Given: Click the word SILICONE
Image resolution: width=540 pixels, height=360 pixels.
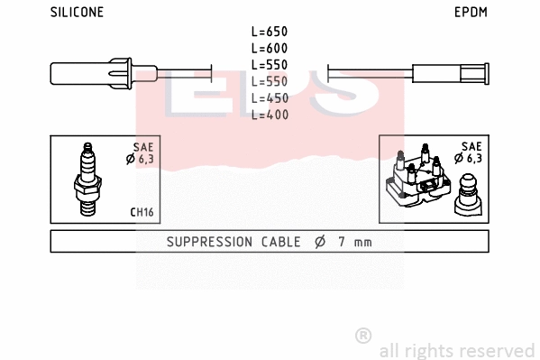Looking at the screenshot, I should click(x=77, y=13).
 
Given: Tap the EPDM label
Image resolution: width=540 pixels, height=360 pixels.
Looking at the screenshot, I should click(x=470, y=13).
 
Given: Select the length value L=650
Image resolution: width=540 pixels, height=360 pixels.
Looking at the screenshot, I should click(x=269, y=31).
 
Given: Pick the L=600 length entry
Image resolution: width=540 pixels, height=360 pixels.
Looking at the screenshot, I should click(x=269, y=48).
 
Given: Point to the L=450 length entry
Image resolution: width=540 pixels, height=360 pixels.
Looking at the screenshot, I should click(x=269, y=97).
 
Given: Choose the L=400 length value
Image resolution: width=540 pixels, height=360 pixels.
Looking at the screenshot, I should click(x=269, y=115).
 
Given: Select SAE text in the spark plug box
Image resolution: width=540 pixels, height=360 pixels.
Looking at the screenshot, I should click(x=142, y=146).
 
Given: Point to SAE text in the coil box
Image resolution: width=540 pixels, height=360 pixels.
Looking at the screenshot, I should click(x=471, y=146).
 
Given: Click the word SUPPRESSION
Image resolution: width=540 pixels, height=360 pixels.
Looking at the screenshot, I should click(x=207, y=242).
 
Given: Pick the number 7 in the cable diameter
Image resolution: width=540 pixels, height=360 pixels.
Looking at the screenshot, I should click(x=341, y=242).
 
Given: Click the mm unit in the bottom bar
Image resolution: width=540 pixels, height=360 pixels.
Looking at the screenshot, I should click(x=362, y=242).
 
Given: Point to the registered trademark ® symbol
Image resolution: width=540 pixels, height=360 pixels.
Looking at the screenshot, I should click(x=363, y=335).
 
